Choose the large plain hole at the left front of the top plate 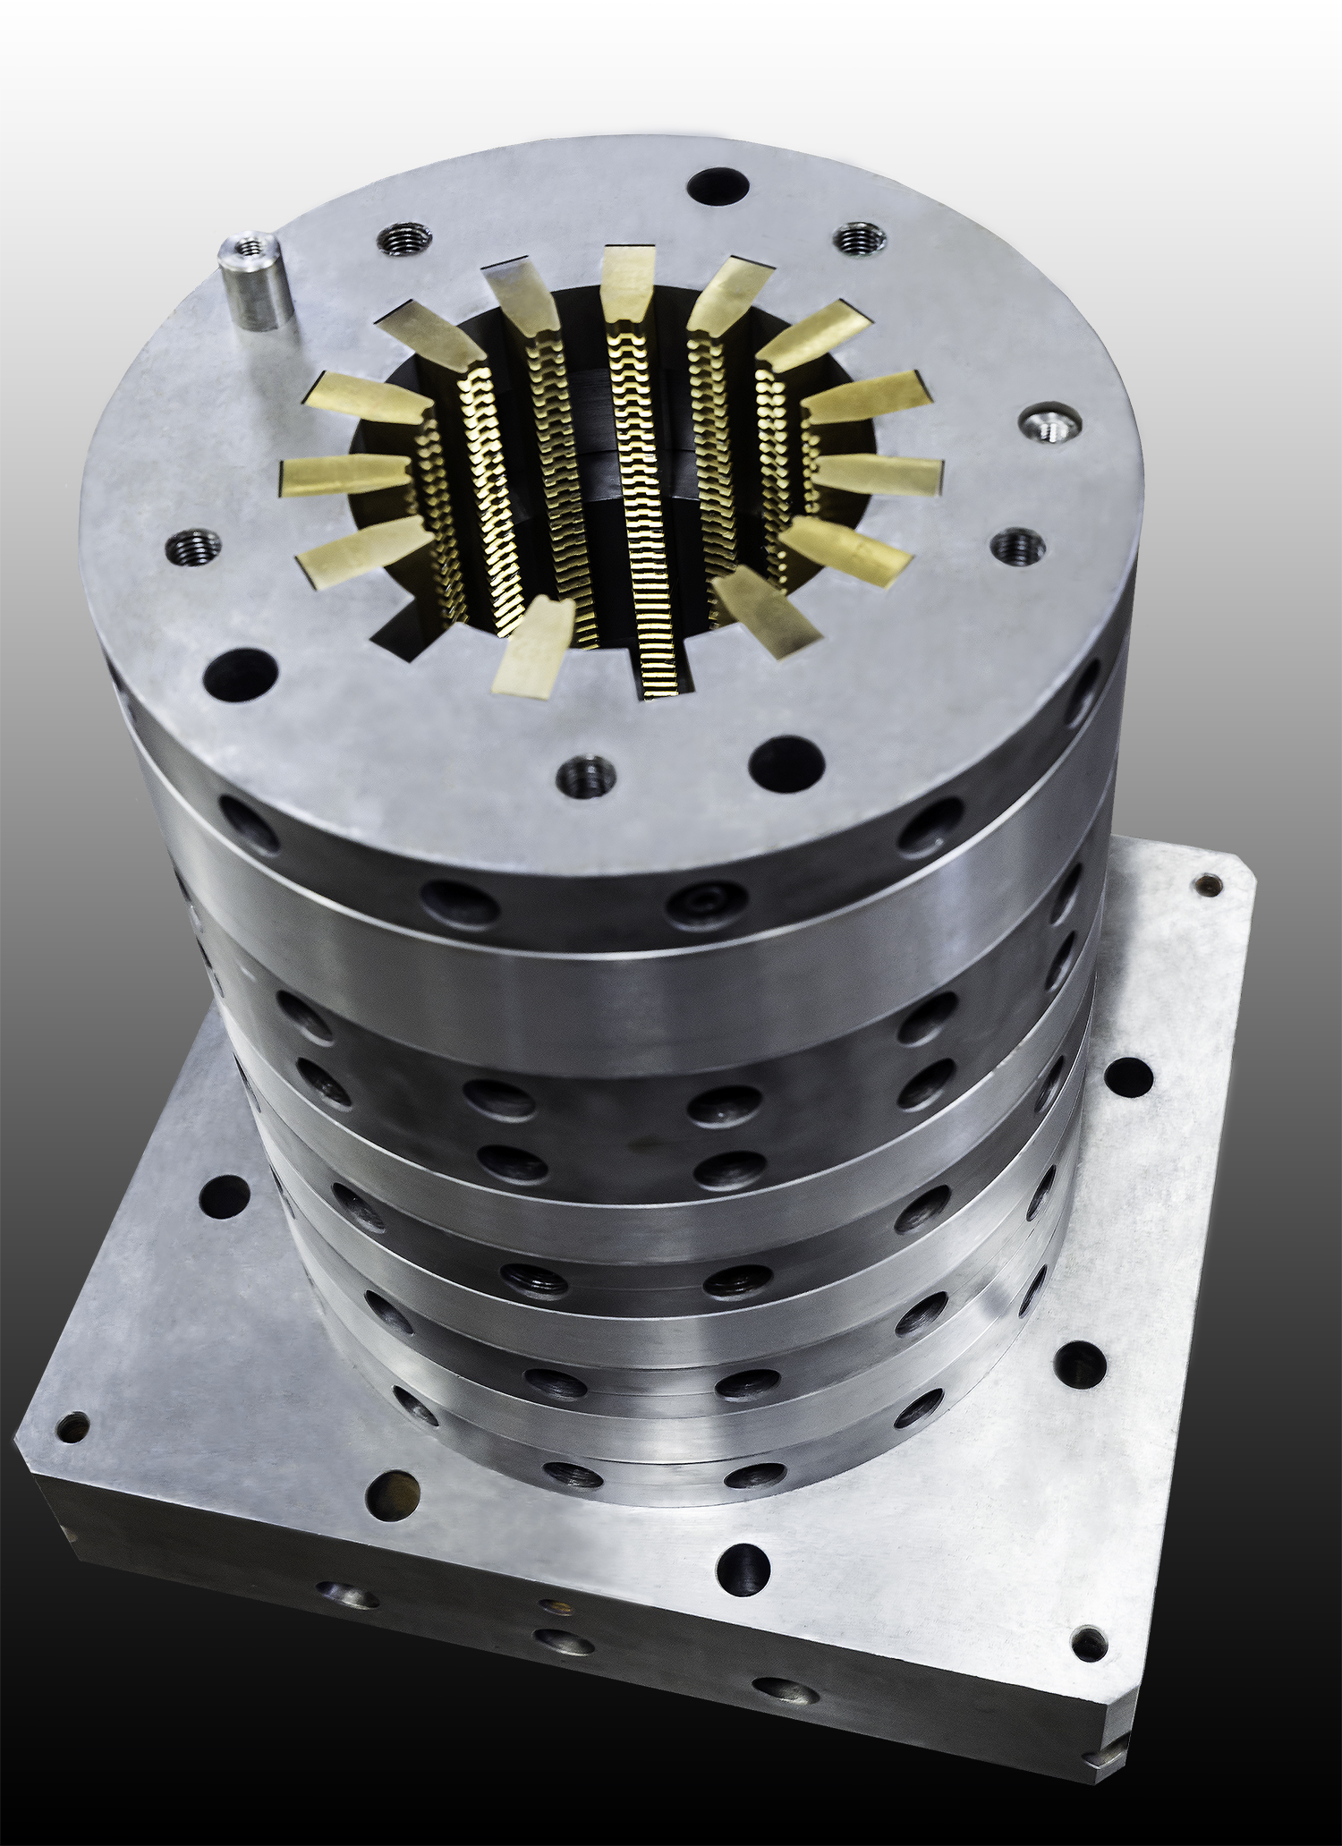[240, 675]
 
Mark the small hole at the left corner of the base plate [72, 1425]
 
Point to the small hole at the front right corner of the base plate [1089, 1640]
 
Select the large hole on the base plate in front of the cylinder [743, 1566]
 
